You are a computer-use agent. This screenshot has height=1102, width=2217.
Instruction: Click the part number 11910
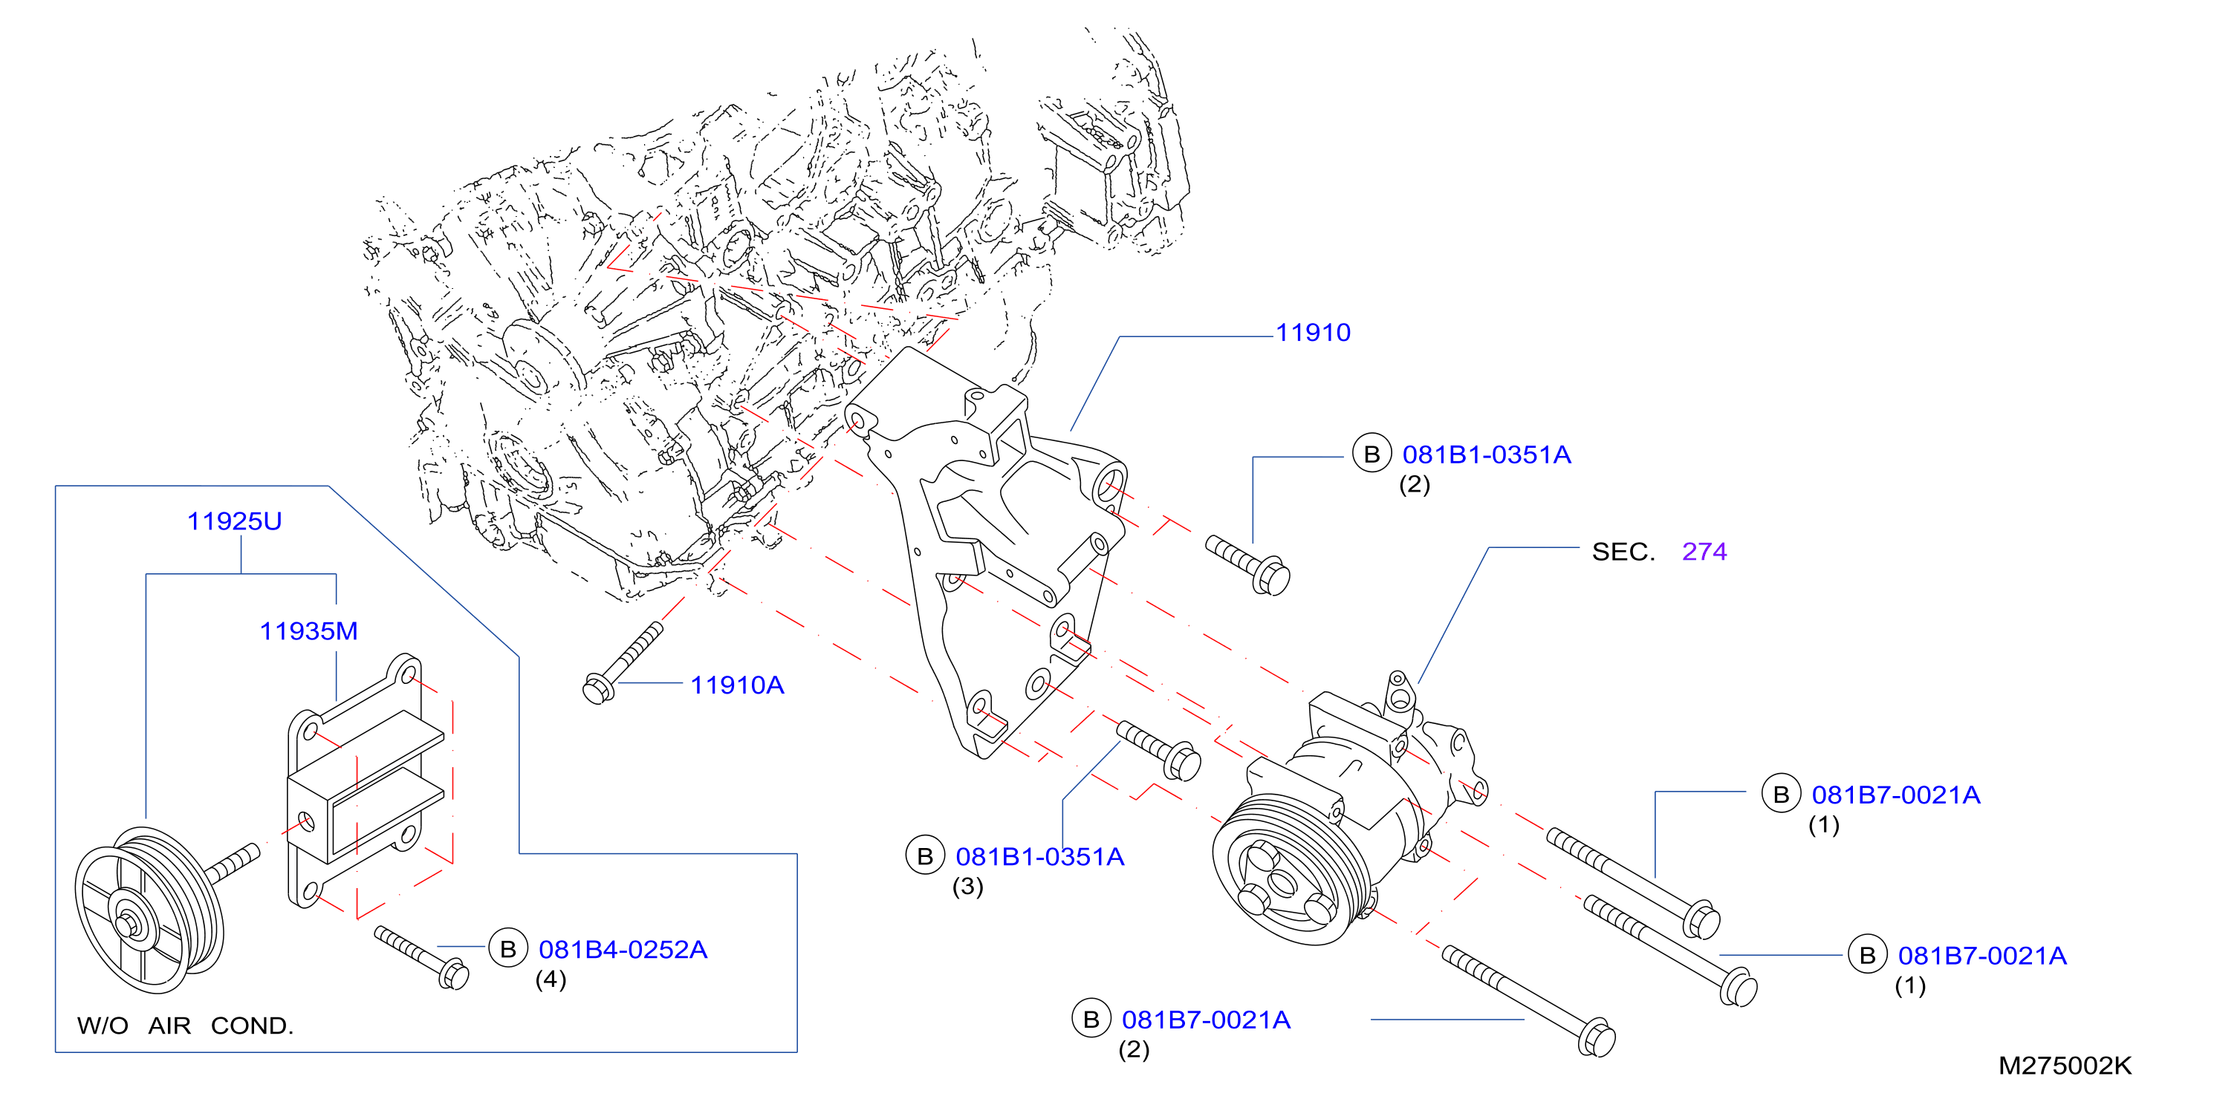[x=1313, y=333]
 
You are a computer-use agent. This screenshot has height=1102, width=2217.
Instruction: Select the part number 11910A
[x=737, y=685]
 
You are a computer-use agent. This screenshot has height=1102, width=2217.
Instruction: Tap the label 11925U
[x=234, y=521]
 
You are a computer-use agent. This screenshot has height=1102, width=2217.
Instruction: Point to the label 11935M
[x=308, y=631]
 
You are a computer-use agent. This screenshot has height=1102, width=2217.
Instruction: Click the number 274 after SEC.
[x=1704, y=552]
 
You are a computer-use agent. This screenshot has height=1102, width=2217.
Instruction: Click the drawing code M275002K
[x=2065, y=1066]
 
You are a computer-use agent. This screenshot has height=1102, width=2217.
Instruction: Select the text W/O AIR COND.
[x=185, y=1026]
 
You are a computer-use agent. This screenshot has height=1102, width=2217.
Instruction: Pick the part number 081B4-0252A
[x=623, y=950]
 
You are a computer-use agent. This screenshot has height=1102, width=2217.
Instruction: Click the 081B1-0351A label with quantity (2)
[x=1487, y=455]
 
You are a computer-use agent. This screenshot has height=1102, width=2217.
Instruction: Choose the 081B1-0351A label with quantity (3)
[x=1039, y=857]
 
